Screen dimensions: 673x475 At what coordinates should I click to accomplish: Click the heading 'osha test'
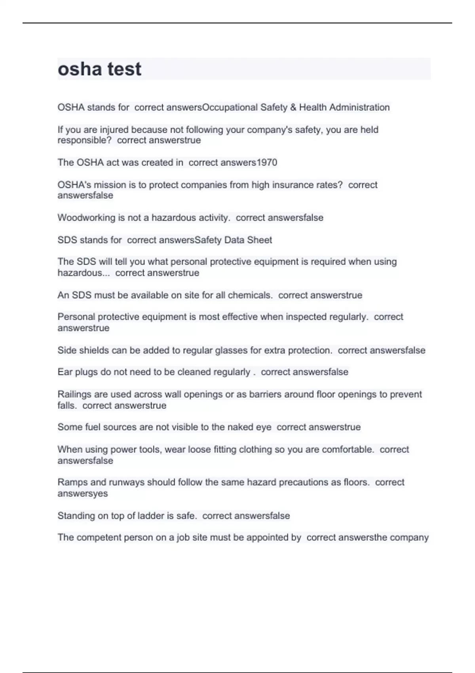(x=99, y=69)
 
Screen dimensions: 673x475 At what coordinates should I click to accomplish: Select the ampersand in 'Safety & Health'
(x=293, y=107)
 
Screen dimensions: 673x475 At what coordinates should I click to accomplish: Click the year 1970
(x=267, y=162)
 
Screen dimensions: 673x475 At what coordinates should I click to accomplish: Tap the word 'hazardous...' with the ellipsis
(x=84, y=273)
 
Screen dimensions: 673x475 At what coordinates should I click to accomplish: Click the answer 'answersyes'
(x=83, y=494)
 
